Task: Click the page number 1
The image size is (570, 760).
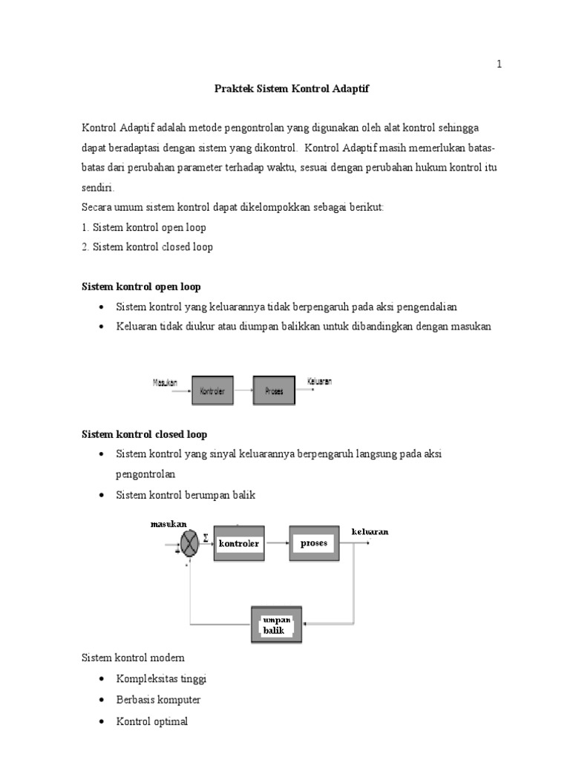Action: [499, 65]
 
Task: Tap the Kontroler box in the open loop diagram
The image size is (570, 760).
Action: [212, 390]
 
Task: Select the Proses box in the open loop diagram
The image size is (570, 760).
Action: [273, 390]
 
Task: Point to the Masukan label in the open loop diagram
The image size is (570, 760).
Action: [165, 383]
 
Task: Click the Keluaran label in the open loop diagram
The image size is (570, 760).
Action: [319, 382]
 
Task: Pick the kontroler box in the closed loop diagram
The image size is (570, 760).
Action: [239, 543]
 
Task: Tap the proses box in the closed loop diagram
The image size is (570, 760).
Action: [314, 543]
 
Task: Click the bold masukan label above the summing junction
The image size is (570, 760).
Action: [168, 524]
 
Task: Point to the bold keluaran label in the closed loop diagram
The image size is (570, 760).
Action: [370, 531]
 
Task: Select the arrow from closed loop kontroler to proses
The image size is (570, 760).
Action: [277, 543]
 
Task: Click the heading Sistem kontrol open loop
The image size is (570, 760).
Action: [140, 286]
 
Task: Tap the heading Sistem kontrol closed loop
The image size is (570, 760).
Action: [143, 434]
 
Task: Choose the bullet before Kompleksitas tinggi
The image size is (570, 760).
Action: [101, 679]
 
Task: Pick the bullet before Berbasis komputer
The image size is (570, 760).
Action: [101, 700]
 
